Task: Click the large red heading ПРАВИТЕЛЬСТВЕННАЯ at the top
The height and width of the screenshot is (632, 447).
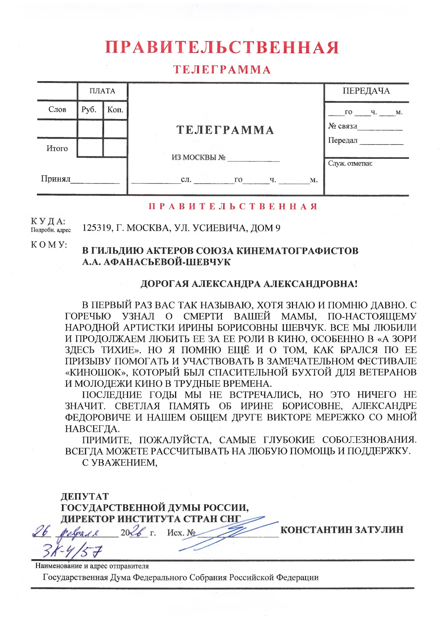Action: click(x=222, y=48)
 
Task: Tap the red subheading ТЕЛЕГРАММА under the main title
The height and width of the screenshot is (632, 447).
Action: click(x=222, y=70)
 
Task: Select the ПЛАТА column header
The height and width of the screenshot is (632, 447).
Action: click(x=102, y=91)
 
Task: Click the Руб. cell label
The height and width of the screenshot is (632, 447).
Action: click(x=89, y=110)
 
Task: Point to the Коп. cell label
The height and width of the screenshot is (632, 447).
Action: click(x=115, y=110)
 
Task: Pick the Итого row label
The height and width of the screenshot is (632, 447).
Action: click(x=57, y=148)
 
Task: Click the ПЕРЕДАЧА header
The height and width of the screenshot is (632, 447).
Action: click(x=366, y=91)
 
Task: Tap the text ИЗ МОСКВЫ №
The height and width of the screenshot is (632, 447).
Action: click(x=198, y=157)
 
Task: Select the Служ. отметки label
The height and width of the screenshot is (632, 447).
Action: click(x=350, y=163)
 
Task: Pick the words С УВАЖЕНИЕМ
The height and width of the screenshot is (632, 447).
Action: click(x=119, y=462)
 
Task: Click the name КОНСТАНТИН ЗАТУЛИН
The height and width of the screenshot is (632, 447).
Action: click(x=342, y=530)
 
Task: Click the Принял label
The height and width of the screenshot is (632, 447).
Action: click(x=55, y=178)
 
